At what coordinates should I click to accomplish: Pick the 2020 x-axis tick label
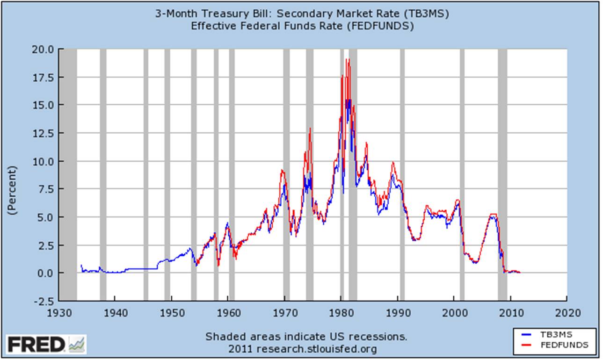point(567,312)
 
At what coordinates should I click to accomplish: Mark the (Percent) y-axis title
point(12,190)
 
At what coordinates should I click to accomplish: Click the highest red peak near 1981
point(347,60)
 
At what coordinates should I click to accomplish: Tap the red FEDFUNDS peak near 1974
point(310,129)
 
